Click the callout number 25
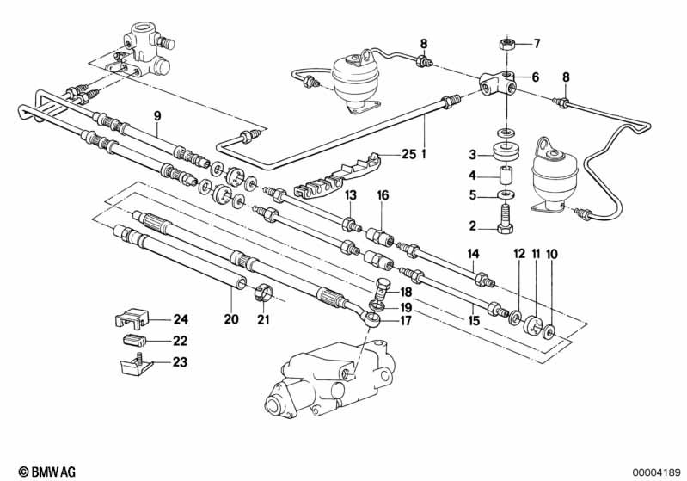[x=408, y=154]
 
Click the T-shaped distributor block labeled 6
[x=498, y=83]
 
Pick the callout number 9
[x=157, y=115]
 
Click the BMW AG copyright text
[x=42, y=471]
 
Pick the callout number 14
[x=472, y=253]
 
